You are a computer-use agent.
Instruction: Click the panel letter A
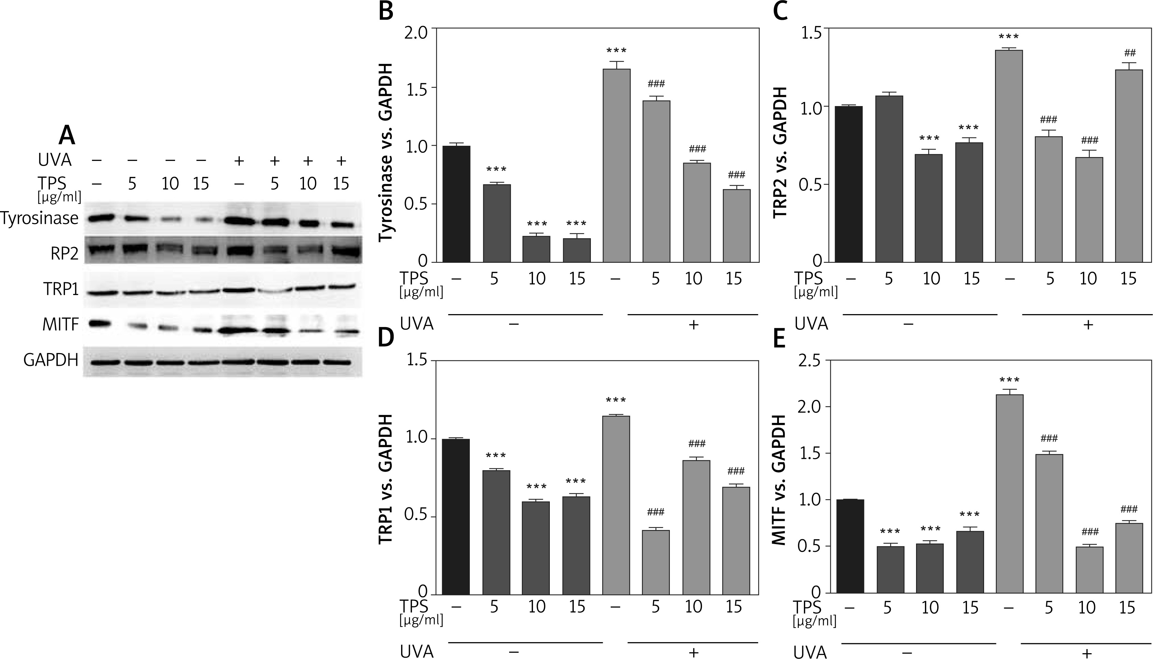click(67, 134)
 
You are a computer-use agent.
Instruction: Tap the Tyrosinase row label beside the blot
click(40, 219)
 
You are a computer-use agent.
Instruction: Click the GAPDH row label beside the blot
click(51, 360)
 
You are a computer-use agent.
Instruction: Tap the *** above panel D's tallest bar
click(616, 401)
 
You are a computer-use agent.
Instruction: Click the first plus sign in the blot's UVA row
click(239, 160)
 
